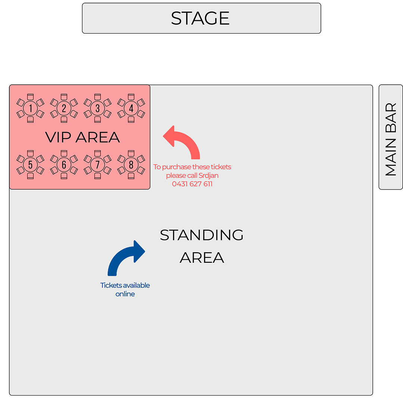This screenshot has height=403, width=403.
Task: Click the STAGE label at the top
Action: pos(200,18)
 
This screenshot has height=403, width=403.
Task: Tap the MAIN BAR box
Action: pos(391,137)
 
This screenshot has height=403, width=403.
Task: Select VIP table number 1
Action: pos(30,109)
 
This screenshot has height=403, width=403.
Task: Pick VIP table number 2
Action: pos(64,109)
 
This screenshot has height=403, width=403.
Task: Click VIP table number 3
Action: pos(97,109)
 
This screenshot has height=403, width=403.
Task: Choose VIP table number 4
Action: pos(131,109)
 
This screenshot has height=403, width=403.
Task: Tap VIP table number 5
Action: pos(30,165)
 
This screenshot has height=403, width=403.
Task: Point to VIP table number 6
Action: pos(64,165)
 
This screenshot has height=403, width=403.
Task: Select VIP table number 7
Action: pos(97,165)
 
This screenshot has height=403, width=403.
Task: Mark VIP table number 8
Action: pos(131,165)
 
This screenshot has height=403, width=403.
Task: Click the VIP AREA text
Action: pos(82,137)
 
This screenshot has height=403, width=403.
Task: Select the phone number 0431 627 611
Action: pos(192,184)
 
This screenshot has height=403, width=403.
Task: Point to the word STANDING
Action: pos(201,235)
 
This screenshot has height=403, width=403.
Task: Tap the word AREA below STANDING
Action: pos(202,258)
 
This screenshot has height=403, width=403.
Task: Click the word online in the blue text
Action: pos(125,294)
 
